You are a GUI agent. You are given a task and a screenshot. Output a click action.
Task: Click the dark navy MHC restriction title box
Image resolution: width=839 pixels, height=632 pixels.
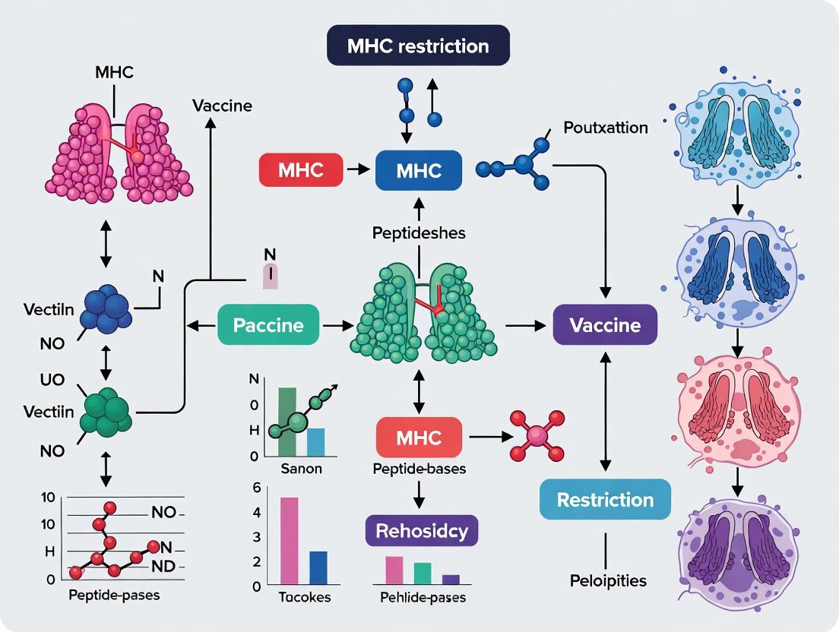417,47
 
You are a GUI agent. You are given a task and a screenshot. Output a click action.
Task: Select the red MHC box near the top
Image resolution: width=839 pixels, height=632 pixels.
301,170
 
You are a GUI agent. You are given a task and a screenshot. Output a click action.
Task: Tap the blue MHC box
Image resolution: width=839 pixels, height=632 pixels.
419,170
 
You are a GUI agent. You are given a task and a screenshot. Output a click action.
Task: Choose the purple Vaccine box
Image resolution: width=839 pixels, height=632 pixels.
604,326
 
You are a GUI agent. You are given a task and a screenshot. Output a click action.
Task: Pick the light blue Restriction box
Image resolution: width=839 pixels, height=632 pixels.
605,499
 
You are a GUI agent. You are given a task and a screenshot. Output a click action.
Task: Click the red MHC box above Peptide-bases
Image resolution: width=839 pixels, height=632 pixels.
419,437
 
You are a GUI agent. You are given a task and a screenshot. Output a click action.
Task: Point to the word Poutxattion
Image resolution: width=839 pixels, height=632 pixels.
606,128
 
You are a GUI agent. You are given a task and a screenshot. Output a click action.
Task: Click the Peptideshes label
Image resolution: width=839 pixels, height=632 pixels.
419,233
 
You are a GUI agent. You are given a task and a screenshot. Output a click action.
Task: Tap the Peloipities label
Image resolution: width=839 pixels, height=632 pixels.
608,581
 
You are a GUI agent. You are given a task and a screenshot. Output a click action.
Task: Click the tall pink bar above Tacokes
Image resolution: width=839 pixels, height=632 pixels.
290,539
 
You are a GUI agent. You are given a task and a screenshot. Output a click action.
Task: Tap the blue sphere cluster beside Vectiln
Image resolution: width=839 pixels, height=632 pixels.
106,308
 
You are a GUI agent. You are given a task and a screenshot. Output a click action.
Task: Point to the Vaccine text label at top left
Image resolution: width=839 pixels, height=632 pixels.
222,106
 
